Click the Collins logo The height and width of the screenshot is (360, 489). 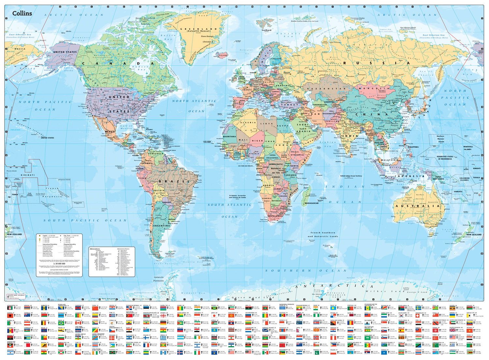22,13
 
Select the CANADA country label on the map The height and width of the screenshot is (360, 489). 117,64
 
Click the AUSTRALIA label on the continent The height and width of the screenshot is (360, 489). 417,206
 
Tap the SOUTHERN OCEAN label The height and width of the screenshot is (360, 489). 306,271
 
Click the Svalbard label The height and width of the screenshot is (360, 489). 266,30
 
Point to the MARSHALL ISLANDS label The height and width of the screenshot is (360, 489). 467,148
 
